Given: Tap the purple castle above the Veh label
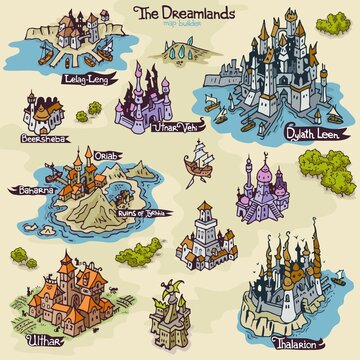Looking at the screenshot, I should coord(144,95).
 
